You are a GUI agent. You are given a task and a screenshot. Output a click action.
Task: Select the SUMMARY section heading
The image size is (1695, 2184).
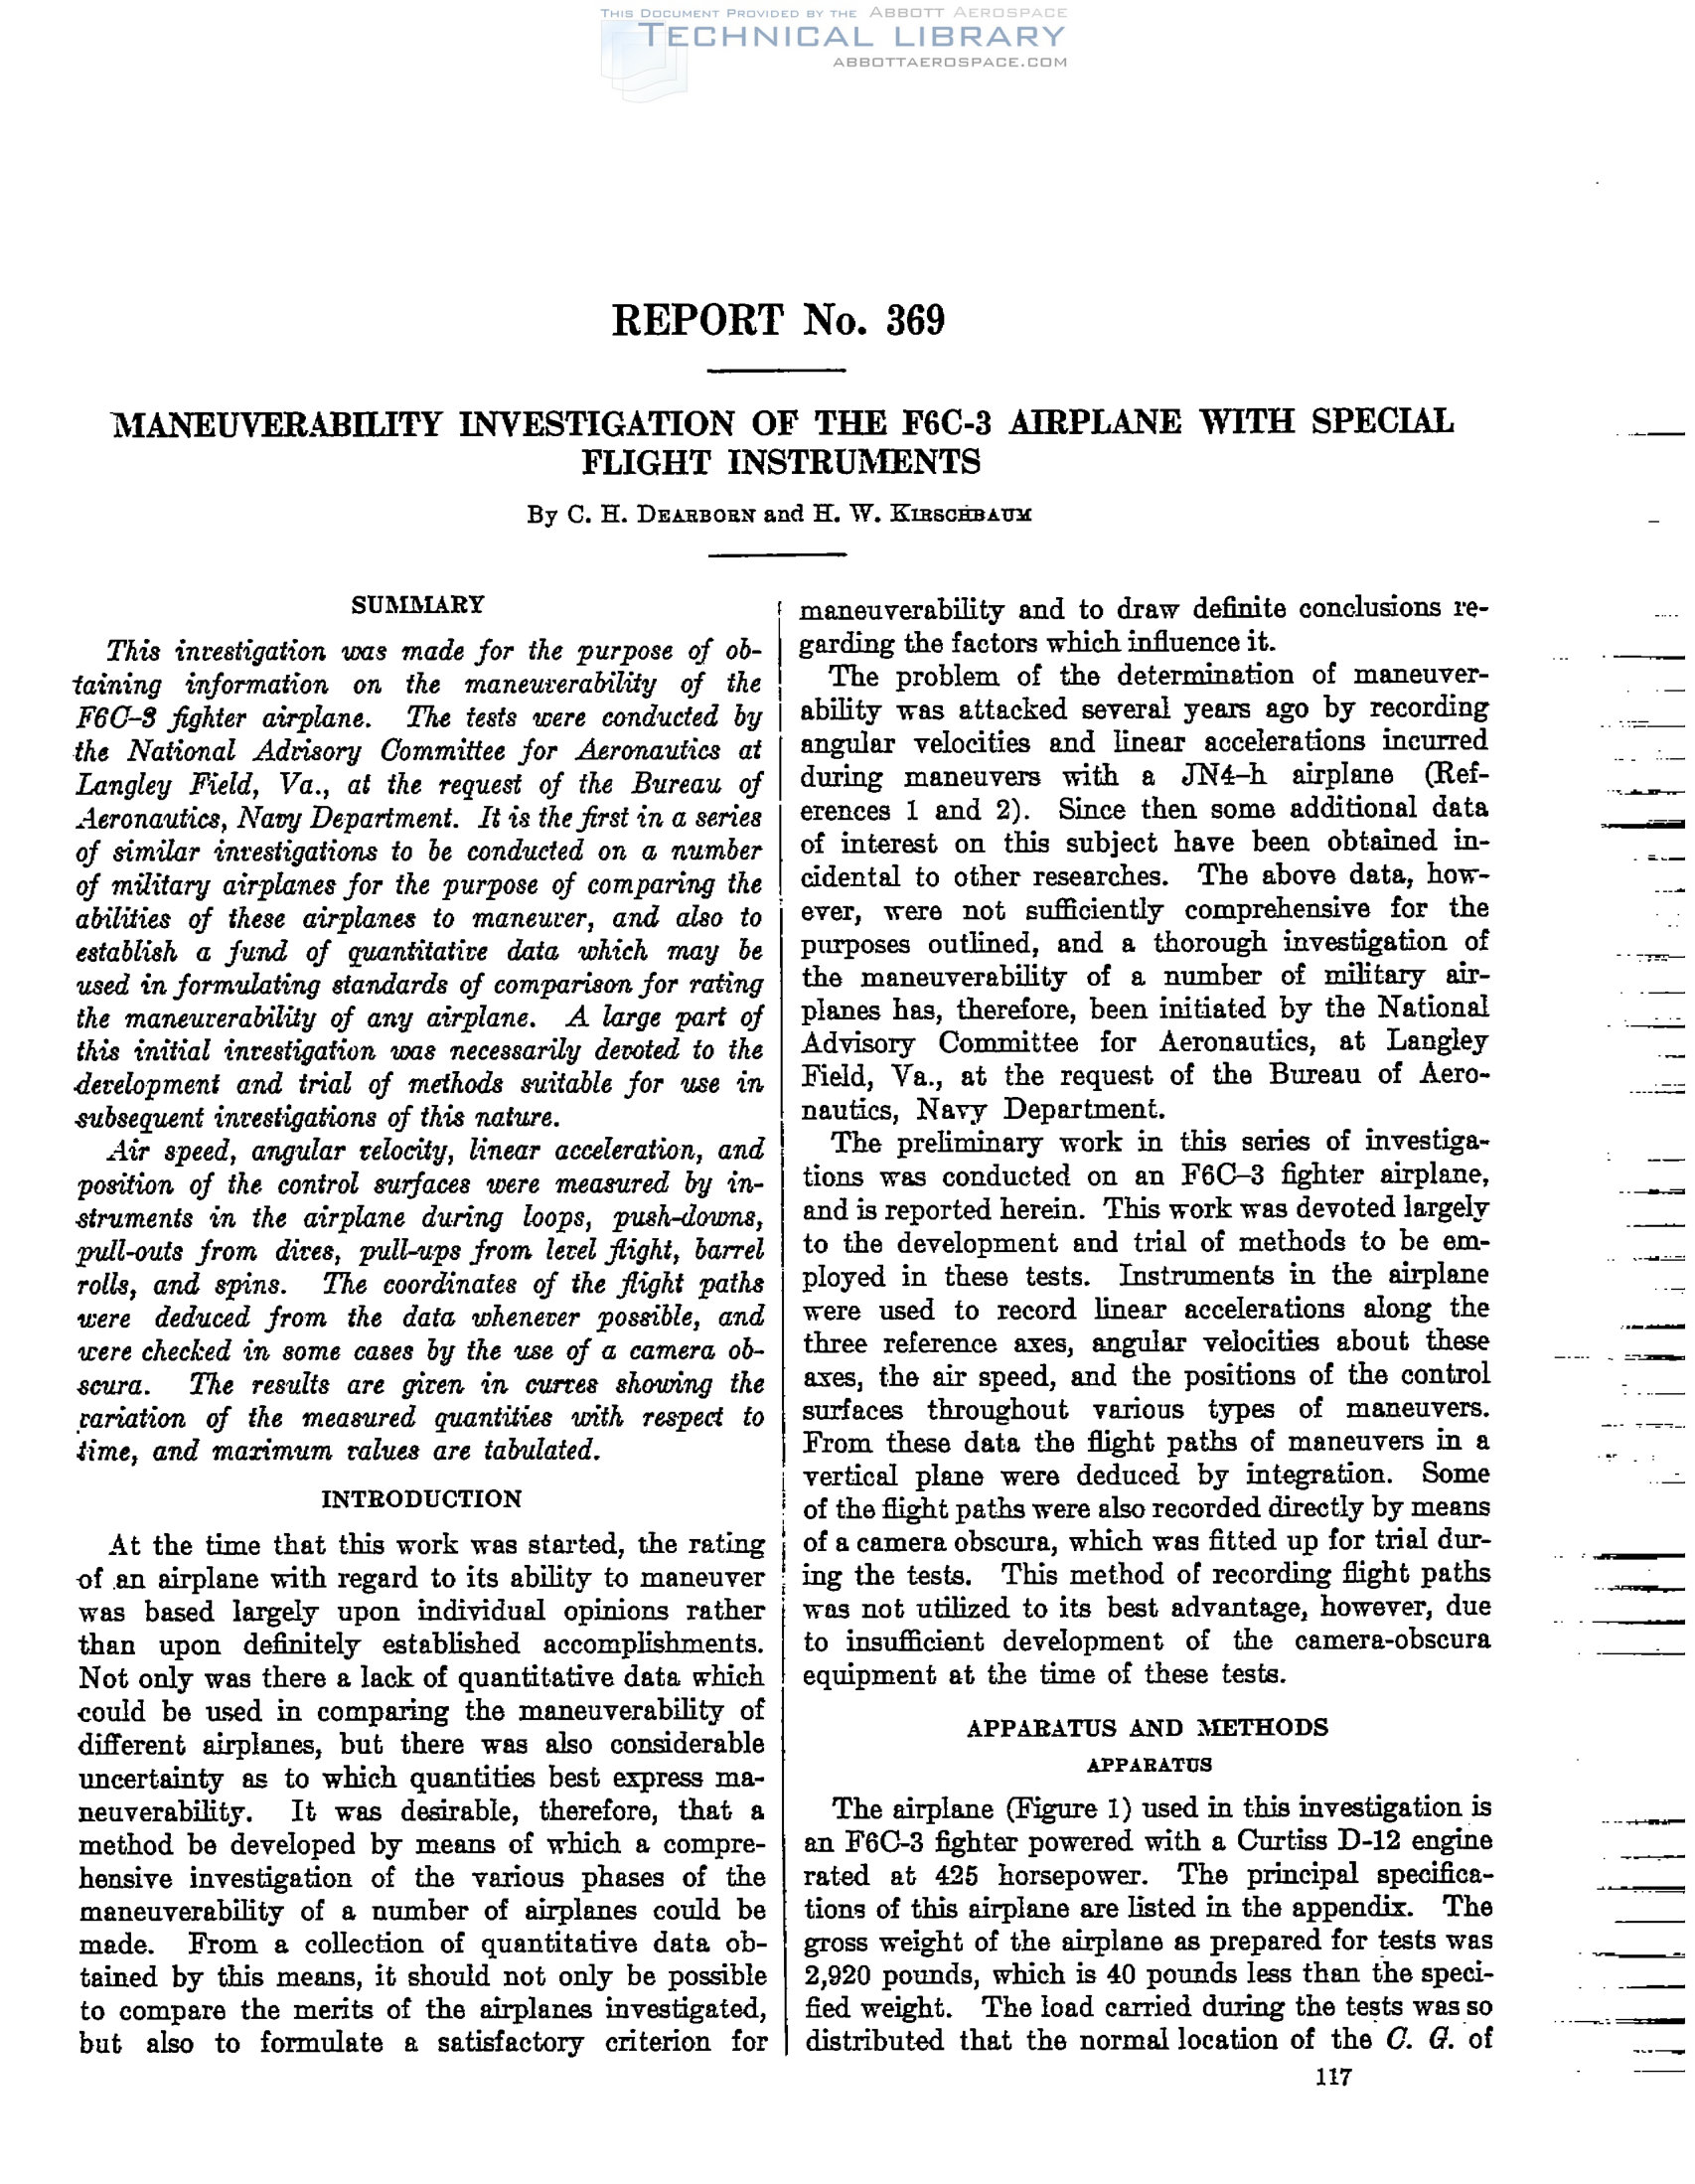(x=418, y=605)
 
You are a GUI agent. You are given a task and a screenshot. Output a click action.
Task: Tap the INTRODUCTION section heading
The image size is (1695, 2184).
(x=421, y=1499)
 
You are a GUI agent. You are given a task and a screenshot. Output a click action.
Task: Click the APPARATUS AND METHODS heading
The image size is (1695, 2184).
(x=1147, y=1728)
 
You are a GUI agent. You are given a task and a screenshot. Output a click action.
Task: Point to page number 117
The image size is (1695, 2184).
(x=1333, y=2078)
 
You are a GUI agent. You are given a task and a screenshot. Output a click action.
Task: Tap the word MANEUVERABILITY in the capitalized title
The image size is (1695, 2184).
(x=278, y=424)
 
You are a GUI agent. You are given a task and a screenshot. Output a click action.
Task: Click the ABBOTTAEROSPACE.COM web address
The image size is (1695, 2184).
(x=950, y=62)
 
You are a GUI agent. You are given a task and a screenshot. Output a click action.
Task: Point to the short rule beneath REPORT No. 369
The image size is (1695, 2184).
(x=776, y=371)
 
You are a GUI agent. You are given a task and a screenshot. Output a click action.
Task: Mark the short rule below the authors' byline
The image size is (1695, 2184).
(x=776, y=554)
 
